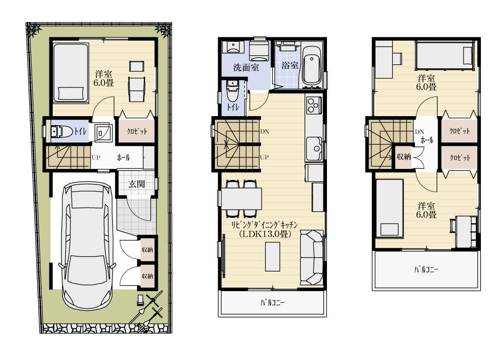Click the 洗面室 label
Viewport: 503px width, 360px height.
pyautogui.click(x=246, y=66)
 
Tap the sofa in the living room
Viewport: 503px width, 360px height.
pyautogui.click(x=311, y=257)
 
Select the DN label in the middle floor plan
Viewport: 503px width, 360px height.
pyautogui.click(x=265, y=132)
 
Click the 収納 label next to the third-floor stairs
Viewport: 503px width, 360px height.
pyautogui.click(x=404, y=156)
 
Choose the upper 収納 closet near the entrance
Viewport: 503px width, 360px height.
pyautogui.click(x=147, y=250)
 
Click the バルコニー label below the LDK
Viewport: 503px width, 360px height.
pyautogui.click(x=272, y=303)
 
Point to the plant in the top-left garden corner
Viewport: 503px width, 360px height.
pyautogui.click(x=35, y=30)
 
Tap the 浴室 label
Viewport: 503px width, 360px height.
pyautogui.click(x=290, y=65)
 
